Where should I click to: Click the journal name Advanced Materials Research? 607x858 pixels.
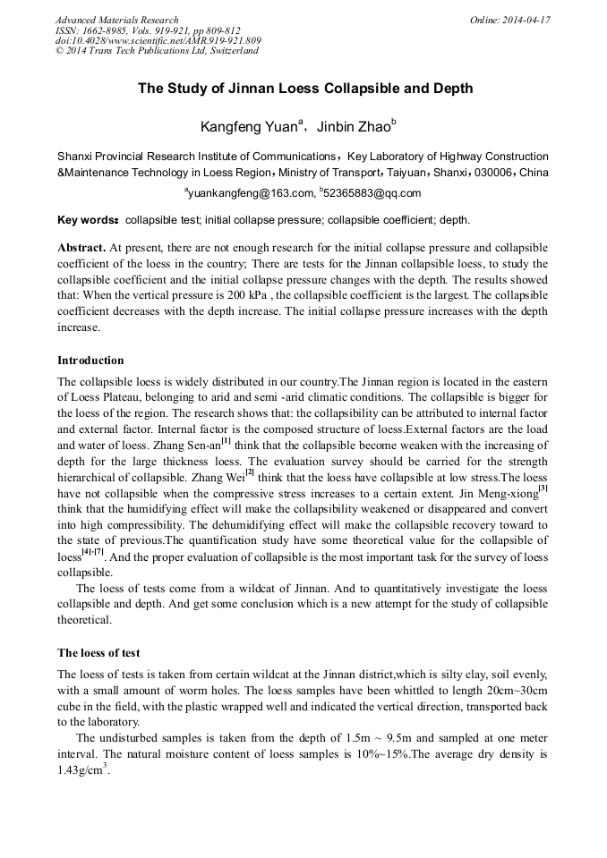pos(116,20)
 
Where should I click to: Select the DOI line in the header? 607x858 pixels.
pos(158,40)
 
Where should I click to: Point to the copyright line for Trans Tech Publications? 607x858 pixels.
pos(157,51)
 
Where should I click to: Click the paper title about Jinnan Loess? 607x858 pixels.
pos(304,89)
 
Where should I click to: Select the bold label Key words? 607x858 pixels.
pos(88,220)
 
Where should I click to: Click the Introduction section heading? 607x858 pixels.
pos(90,361)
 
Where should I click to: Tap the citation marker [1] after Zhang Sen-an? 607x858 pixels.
pos(227,440)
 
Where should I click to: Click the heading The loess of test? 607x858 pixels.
pos(98,652)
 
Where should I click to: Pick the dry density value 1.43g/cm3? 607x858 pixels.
pos(82,769)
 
